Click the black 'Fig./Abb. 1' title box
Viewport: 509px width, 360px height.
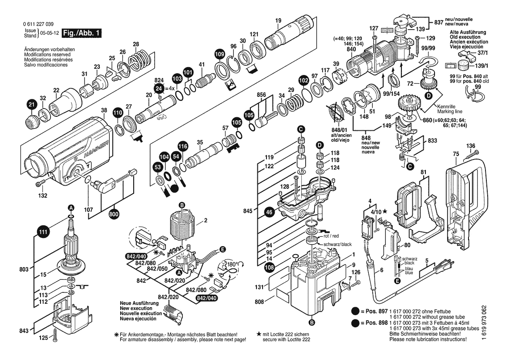pyautogui.click(x=82, y=33)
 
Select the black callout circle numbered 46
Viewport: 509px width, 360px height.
pyautogui.click(x=270, y=212)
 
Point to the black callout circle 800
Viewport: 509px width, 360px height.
pyautogui.click(x=115, y=214)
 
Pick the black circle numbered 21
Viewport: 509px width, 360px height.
pyautogui.click(x=30, y=105)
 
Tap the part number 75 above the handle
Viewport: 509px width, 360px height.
pyautogui.click(x=456, y=153)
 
